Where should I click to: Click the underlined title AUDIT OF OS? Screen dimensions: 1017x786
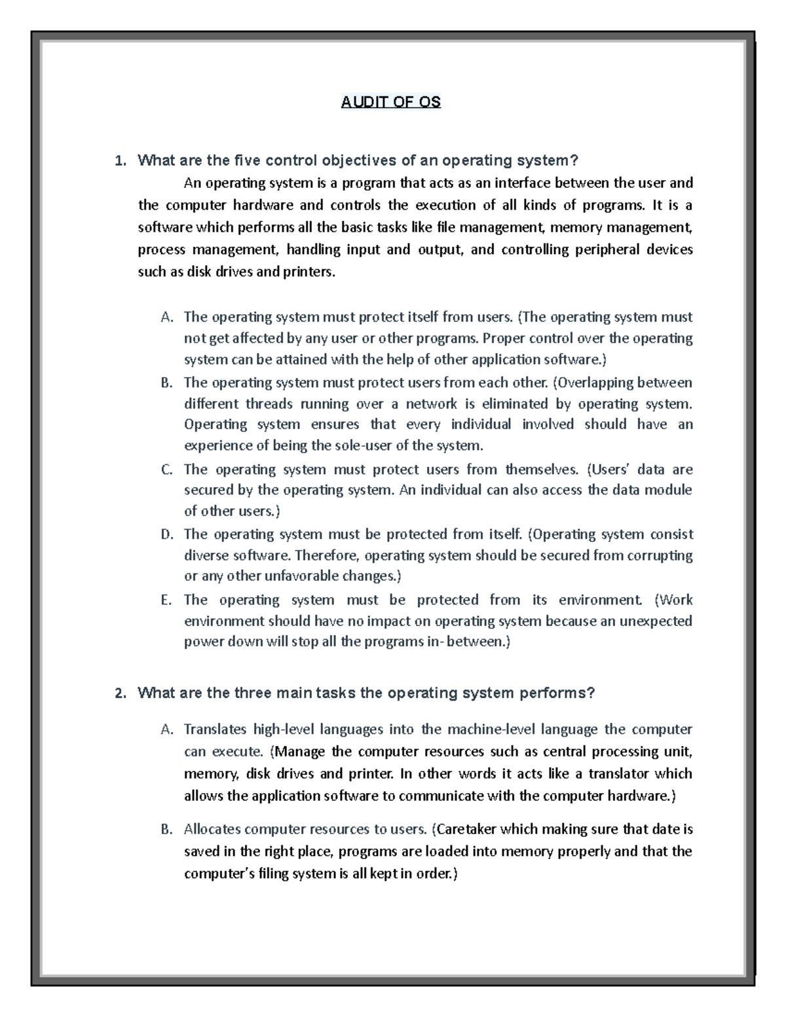pyautogui.click(x=391, y=102)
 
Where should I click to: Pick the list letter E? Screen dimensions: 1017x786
pyautogui.click(x=166, y=601)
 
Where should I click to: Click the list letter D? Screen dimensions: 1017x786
pyautogui.click(x=167, y=535)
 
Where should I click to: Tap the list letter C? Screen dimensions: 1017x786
pyautogui.click(x=166, y=470)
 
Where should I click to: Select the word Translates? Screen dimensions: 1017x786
pyautogui.click(x=215, y=730)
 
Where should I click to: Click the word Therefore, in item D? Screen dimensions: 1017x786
pyautogui.click(x=327, y=556)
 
